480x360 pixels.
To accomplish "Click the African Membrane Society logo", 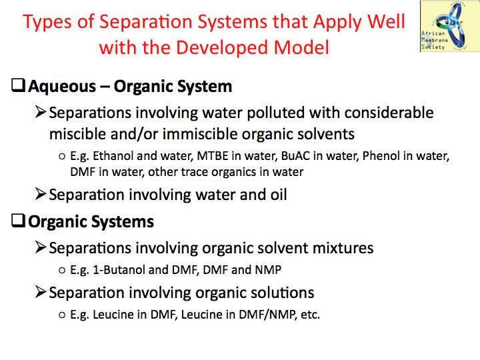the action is click(450, 26).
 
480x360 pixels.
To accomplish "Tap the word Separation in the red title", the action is click(145, 22).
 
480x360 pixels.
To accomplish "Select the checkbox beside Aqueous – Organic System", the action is click(18, 85).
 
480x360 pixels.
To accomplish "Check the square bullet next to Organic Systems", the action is click(18, 221).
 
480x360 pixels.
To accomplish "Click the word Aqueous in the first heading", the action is click(62, 87).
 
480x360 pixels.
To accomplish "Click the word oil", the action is click(279, 195).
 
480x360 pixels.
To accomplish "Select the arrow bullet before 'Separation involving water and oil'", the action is click(41, 194).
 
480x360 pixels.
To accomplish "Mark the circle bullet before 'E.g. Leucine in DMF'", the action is click(62, 315).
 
